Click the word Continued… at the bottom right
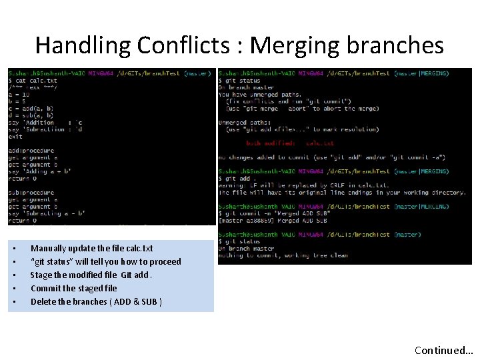tap(443, 350)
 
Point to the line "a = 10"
tap(21, 95)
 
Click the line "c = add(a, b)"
tap(31, 109)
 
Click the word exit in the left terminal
tap(15, 137)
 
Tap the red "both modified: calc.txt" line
tap(290, 143)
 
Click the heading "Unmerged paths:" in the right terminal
tap(245, 122)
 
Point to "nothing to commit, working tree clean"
tap(283, 255)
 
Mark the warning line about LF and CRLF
tap(304, 185)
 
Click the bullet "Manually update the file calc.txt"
tap(91, 249)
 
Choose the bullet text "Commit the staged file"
tap(73, 289)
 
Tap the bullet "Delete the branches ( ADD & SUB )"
tap(96, 302)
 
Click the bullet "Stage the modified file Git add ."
tap(91, 275)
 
